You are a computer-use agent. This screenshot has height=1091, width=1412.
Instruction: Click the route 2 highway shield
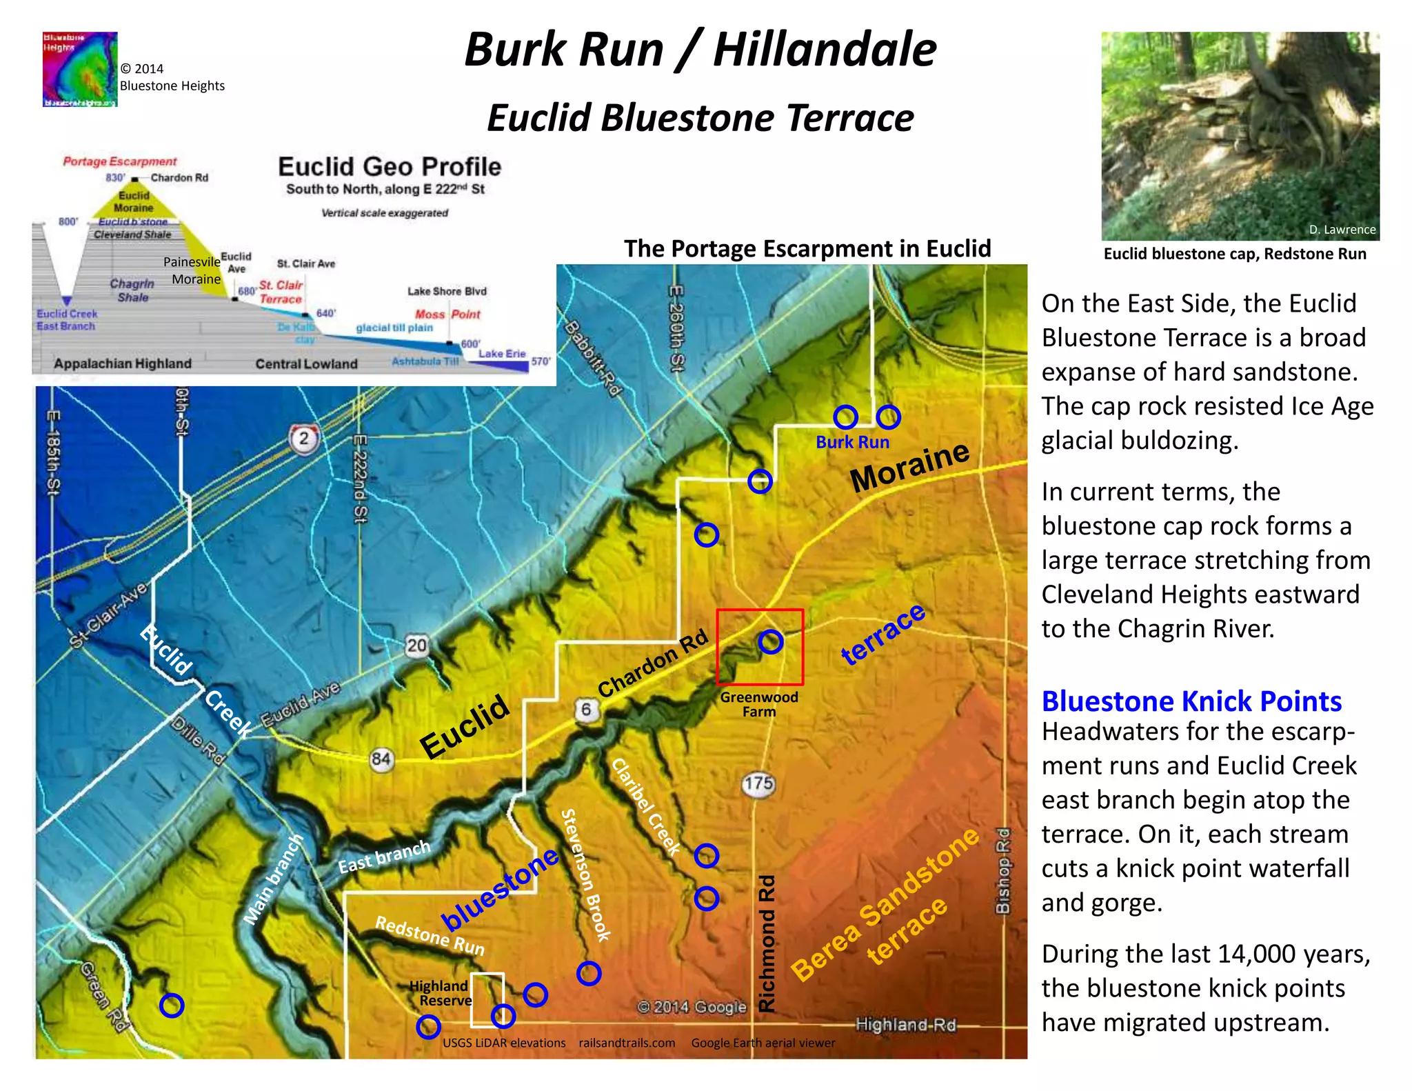coord(304,439)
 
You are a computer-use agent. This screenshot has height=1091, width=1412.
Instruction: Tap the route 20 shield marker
coord(416,645)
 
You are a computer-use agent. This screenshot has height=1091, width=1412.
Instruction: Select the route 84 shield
coord(381,759)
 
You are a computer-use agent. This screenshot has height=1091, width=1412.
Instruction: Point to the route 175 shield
coord(758,783)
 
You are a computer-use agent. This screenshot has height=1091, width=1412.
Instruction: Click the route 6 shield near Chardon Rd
coord(586,709)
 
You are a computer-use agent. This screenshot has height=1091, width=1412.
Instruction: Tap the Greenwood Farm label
coord(759,704)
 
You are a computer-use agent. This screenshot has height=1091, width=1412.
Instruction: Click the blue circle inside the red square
coord(770,642)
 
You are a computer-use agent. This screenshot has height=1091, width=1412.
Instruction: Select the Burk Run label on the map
coord(852,442)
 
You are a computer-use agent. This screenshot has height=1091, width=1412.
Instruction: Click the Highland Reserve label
coord(441,993)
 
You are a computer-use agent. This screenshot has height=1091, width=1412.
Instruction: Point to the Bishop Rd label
coord(1003,870)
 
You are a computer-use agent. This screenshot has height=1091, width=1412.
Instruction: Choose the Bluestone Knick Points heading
coord(1191,701)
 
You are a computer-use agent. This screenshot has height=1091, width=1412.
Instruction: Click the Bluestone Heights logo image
coord(80,69)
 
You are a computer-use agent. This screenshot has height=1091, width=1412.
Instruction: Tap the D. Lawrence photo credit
coord(1342,230)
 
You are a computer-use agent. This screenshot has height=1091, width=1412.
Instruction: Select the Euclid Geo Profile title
coord(390,167)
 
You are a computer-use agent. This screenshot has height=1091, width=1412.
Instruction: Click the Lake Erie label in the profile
coord(502,354)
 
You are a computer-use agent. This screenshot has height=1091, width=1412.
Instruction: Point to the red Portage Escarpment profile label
coord(120,161)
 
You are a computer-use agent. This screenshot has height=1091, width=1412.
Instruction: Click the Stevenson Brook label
coord(585,874)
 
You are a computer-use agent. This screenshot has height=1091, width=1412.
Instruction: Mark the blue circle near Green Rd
coord(172,1005)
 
